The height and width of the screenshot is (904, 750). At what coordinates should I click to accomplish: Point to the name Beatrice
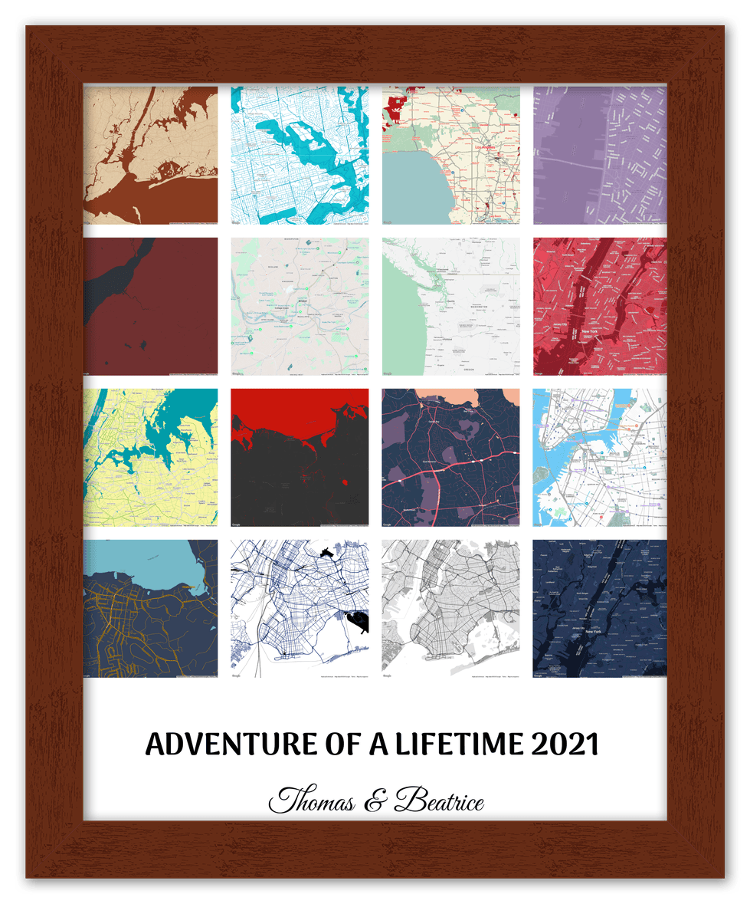(x=439, y=802)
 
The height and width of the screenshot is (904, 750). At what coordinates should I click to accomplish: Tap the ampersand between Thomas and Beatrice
(x=375, y=803)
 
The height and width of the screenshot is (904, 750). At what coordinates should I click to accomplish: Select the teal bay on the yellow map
(x=153, y=433)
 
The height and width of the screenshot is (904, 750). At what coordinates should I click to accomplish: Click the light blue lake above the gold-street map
(x=138, y=564)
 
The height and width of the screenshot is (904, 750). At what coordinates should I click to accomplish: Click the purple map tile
(x=599, y=154)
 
